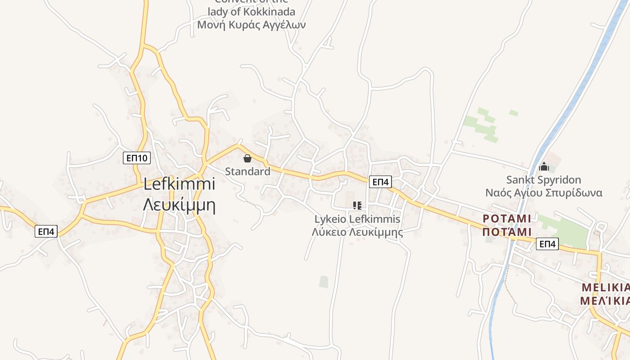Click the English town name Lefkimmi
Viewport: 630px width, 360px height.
pyautogui.click(x=179, y=184)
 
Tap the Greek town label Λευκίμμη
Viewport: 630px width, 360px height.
pyautogui.click(x=179, y=204)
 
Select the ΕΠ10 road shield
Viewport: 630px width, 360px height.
pyautogui.click(x=137, y=158)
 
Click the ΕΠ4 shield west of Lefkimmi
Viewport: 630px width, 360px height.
pyautogui.click(x=46, y=231)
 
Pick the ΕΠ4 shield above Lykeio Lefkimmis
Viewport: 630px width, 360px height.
pyautogui.click(x=380, y=182)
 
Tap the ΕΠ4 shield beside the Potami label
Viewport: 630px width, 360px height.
pyautogui.click(x=547, y=244)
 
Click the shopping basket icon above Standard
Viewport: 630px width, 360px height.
pyautogui.click(x=247, y=158)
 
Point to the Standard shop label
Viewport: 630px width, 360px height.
pyautogui.click(x=247, y=171)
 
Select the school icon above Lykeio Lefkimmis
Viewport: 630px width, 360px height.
pyautogui.click(x=357, y=206)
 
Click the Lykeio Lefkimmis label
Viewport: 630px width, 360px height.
pyautogui.click(x=357, y=219)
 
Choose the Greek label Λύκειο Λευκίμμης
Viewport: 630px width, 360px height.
pyautogui.click(x=357, y=232)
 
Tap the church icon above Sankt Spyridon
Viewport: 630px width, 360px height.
pyautogui.click(x=544, y=167)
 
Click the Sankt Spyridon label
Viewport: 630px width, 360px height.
pyautogui.click(x=544, y=180)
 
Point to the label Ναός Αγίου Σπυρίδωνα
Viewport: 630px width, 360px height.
pyautogui.click(x=544, y=193)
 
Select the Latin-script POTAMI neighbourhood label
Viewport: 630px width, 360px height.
pyautogui.click(x=507, y=219)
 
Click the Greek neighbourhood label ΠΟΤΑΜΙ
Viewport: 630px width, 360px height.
pyautogui.click(x=507, y=232)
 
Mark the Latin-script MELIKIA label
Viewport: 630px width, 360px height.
pyautogui.click(x=605, y=287)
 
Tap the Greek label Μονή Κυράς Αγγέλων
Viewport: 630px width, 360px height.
pyautogui.click(x=252, y=25)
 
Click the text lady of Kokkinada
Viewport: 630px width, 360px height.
pyautogui.click(x=252, y=12)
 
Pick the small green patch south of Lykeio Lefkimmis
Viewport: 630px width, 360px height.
pyautogui.click(x=324, y=282)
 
